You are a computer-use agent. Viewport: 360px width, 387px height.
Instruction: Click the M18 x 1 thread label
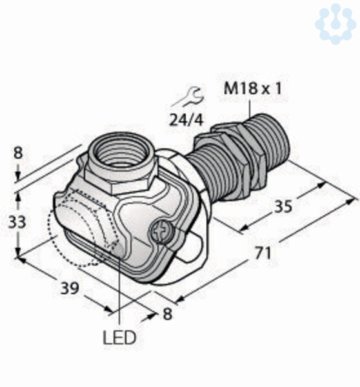point(252,88)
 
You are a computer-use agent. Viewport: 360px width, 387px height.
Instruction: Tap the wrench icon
point(188,97)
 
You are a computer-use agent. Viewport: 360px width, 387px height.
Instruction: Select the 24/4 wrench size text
point(186,121)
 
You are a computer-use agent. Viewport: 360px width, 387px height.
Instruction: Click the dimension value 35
point(283,206)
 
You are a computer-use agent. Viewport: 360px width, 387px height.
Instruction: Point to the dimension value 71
point(263,253)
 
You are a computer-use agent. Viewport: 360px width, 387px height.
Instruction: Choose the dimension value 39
point(70,288)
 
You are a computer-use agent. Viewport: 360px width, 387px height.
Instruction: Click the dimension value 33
point(17,222)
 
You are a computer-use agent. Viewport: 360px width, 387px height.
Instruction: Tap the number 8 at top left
point(18,153)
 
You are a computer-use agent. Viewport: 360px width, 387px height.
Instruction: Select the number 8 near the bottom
point(167,314)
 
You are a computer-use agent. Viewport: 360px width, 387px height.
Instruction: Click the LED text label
point(119,337)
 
